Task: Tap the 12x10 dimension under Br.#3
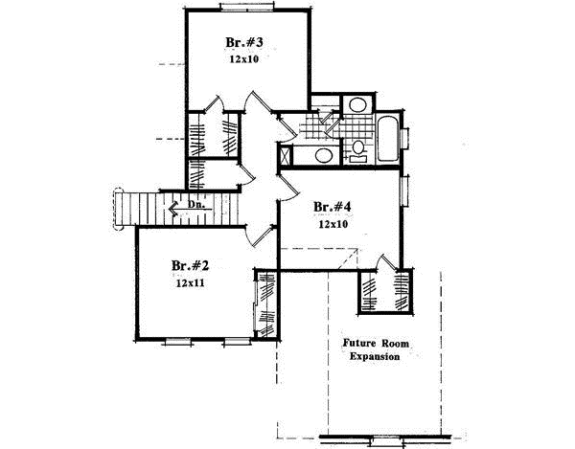(244, 59)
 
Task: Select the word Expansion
(374, 357)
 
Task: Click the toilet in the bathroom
(356, 148)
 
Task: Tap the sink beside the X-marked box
(323, 157)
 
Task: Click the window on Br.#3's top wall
(249, 9)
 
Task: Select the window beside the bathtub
(408, 140)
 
